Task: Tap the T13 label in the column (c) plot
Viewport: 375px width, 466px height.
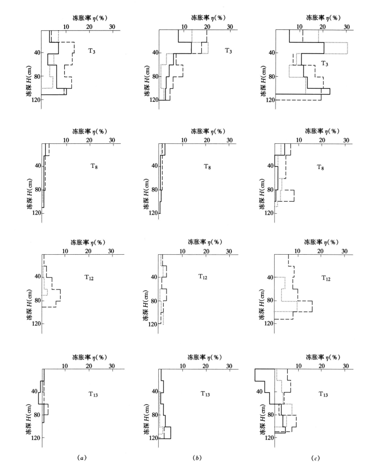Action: [x=323, y=394]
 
